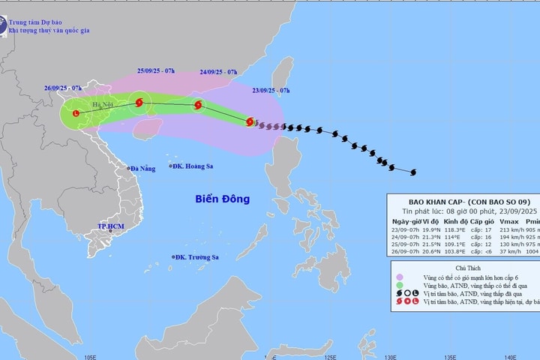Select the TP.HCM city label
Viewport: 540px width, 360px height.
tap(109, 226)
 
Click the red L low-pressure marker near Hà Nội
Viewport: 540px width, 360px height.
tap(76, 113)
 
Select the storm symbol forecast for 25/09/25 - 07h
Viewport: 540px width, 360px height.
tap(139, 103)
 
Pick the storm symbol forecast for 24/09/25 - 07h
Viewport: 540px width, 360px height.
tap(198, 106)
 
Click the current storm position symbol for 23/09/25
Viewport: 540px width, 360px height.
tap(250, 121)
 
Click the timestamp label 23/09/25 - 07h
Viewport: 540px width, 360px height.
tap(271, 91)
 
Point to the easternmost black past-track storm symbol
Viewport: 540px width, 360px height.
tap(412, 172)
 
